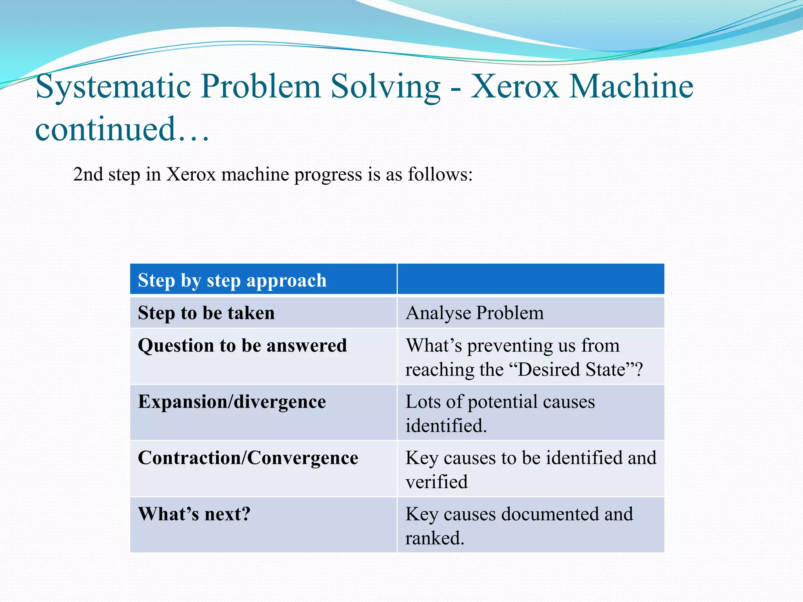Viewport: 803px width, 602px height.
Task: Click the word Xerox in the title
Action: tap(514, 86)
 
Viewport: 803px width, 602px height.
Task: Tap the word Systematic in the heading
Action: tap(113, 86)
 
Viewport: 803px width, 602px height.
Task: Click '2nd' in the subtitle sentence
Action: tap(88, 174)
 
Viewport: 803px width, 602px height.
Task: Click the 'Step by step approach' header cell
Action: tap(232, 280)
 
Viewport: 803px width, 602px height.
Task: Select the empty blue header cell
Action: tap(530, 279)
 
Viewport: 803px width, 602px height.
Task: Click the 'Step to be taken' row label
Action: tap(206, 313)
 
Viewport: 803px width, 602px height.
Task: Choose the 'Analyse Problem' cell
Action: tap(474, 313)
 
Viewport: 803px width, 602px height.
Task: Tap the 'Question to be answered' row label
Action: tap(242, 345)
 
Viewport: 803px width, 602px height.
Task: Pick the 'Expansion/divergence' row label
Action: tap(232, 401)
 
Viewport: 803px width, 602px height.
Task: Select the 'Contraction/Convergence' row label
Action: tap(248, 457)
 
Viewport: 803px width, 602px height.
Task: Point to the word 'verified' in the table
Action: tap(436, 482)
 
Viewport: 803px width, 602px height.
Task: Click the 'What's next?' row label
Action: tap(194, 513)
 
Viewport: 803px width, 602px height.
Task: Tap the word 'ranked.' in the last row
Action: tap(434, 538)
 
